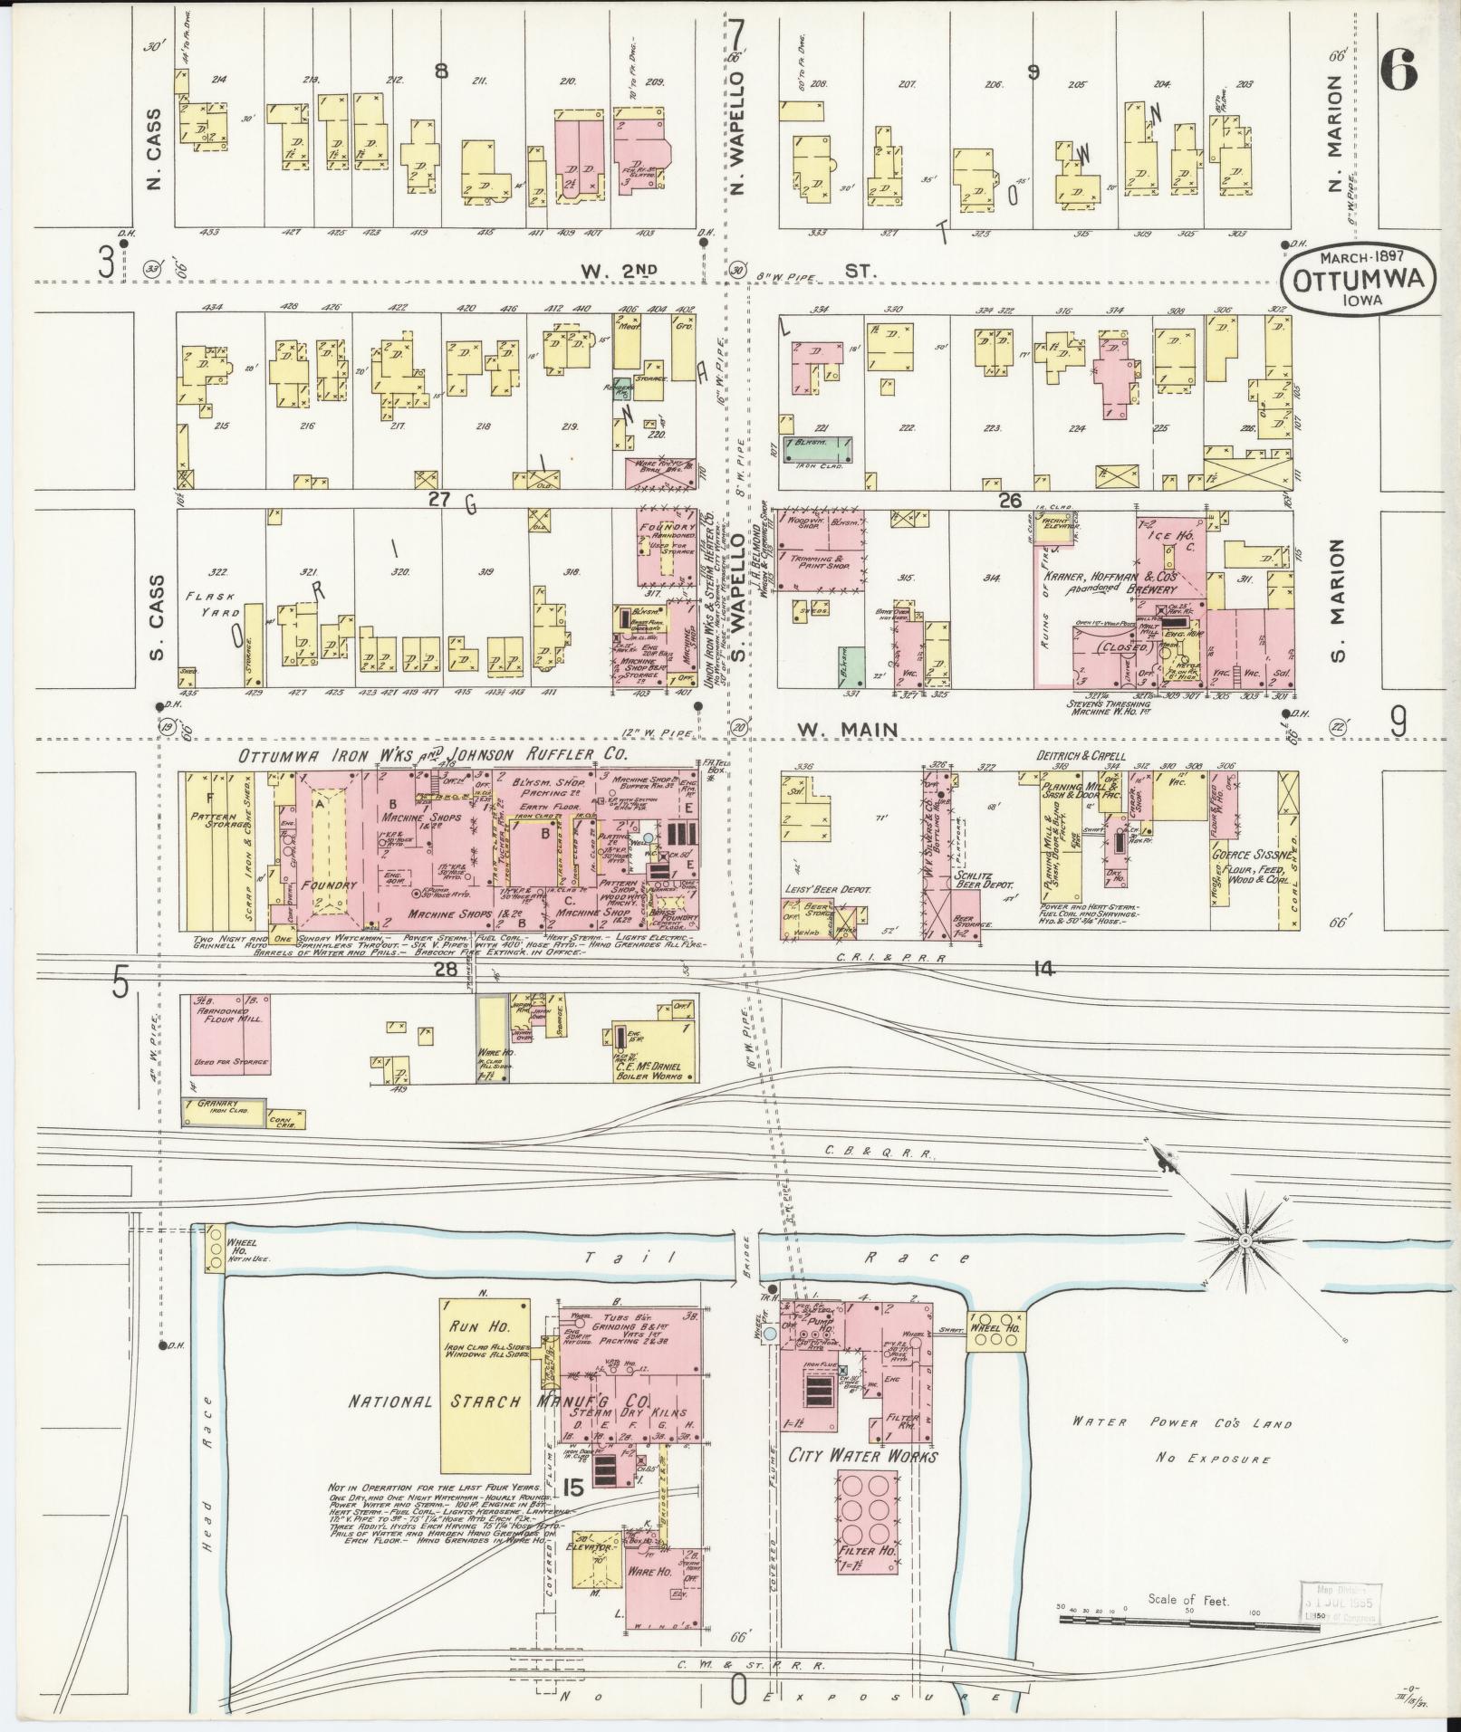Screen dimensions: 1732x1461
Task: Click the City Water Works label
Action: click(x=862, y=1456)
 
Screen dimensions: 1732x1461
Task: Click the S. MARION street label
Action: click(x=1339, y=601)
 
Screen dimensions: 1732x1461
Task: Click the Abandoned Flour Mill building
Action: click(x=230, y=1034)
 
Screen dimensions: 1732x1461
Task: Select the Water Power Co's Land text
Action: click(x=1181, y=1423)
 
